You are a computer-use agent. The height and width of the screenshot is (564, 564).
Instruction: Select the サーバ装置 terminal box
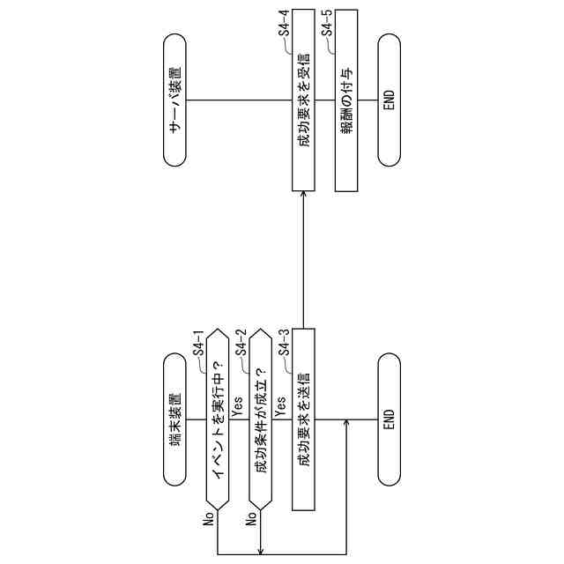click(177, 100)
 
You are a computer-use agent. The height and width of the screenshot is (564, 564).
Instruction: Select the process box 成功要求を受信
click(303, 100)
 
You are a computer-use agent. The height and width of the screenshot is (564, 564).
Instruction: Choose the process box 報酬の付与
click(346, 100)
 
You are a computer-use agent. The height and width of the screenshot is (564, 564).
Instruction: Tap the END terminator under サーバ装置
click(390, 100)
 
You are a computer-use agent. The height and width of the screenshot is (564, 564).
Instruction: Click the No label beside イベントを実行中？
click(209, 518)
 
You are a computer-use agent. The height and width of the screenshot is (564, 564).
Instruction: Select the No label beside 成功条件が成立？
click(252, 518)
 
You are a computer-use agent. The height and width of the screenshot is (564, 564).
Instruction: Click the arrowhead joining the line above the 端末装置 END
click(345, 423)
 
